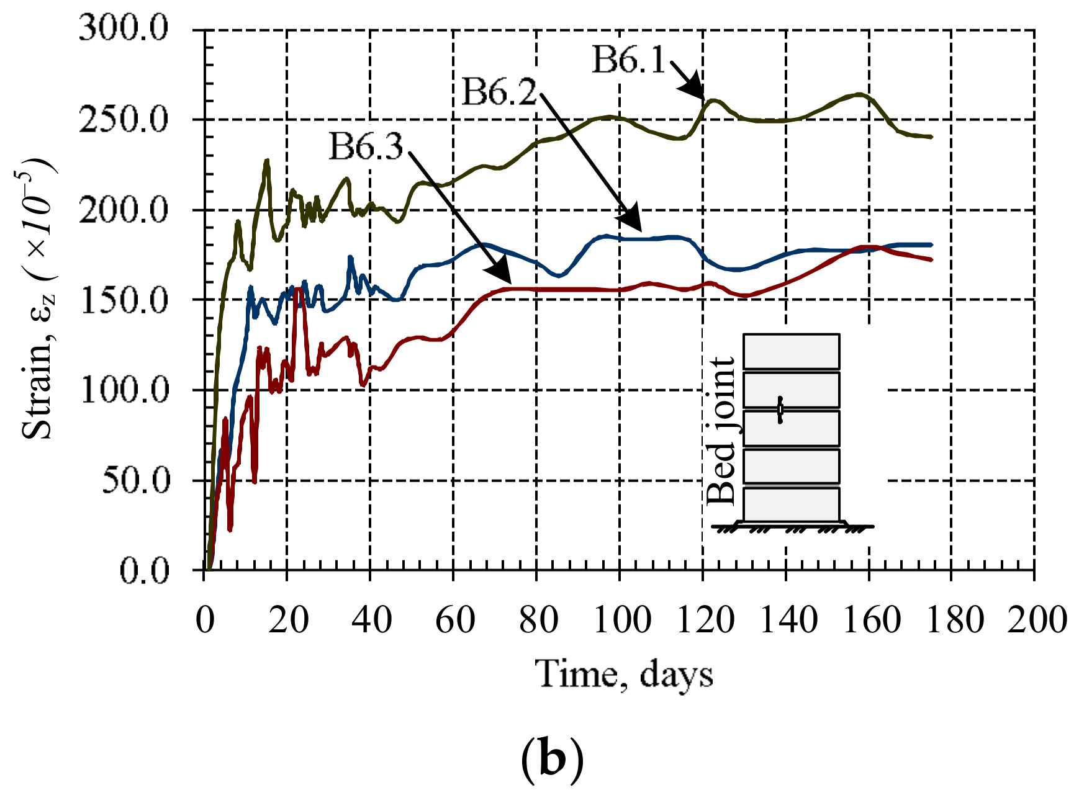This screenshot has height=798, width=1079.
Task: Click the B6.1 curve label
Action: tap(629, 60)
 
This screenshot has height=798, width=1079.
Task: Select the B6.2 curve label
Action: tap(500, 93)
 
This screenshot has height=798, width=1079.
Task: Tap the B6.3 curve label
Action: tap(366, 146)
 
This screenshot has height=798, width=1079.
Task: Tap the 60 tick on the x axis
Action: tap(454, 620)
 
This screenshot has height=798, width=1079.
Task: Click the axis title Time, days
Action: tap(624, 674)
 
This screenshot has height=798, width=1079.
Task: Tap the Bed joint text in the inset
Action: tap(721, 431)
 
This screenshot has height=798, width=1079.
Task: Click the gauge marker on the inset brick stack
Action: tap(780, 410)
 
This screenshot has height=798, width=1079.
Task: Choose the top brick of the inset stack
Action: tap(792, 352)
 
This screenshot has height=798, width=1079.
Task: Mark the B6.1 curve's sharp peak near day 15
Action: tap(267, 161)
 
